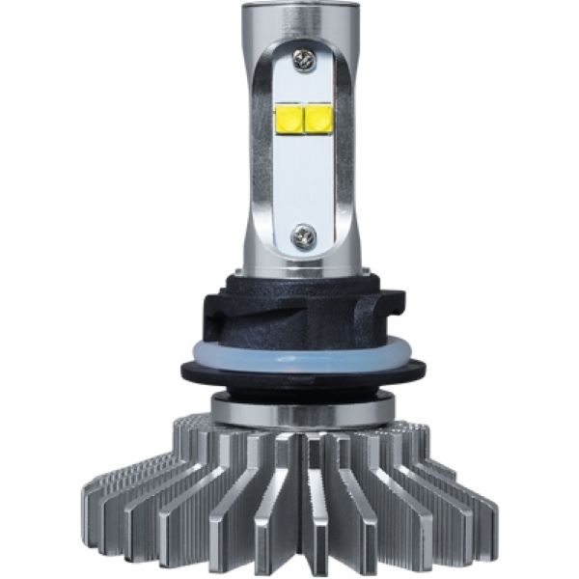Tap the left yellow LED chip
(287, 119)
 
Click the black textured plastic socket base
(289, 309)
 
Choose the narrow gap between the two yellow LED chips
(301, 119)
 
